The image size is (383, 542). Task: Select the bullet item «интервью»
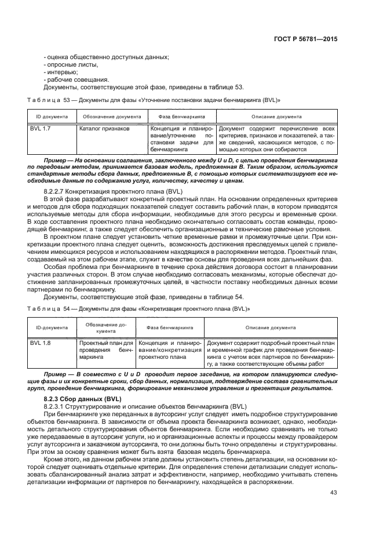(61, 72)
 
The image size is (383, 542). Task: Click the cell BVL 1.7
(41, 128)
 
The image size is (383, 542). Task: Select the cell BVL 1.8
(41, 343)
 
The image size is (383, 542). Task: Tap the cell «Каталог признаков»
(104, 128)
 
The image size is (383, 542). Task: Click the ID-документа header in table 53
(49, 116)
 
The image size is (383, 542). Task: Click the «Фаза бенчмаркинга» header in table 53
(182, 116)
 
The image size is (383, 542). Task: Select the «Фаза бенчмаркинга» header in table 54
(170, 328)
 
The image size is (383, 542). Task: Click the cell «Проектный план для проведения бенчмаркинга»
(105, 351)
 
